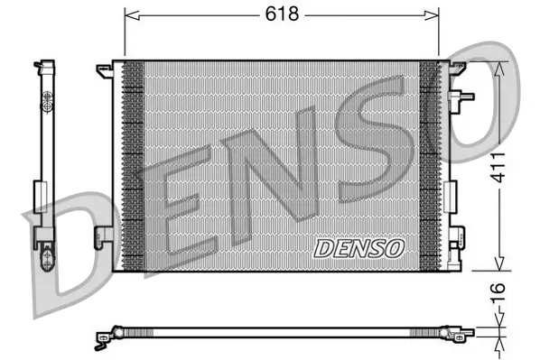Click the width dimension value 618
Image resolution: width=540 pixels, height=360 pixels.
(x=281, y=14)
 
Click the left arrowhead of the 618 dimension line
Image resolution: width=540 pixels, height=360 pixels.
(x=128, y=14)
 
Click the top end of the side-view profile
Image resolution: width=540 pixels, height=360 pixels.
(x=42, y=65)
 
